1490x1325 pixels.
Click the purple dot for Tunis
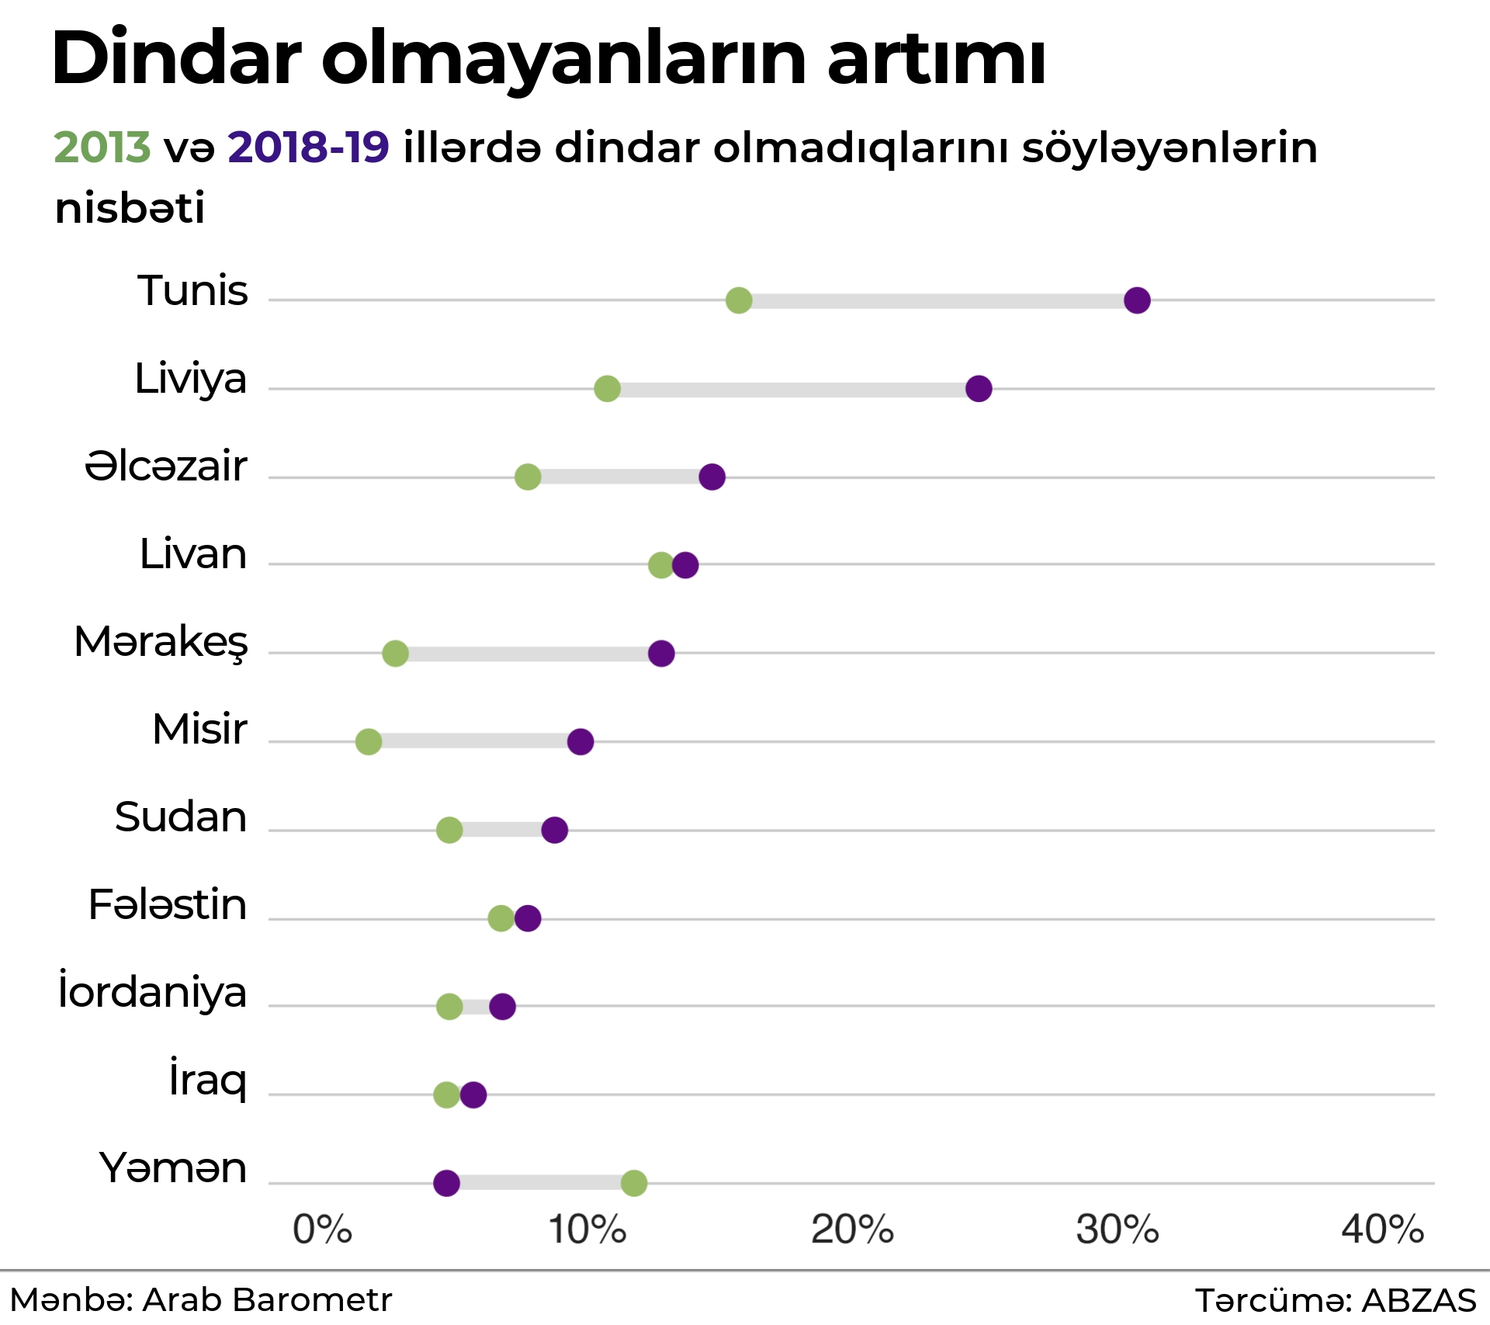tap(1137, 300)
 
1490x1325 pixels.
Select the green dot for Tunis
tap(739, 300)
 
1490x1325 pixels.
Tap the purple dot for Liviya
tap(979, 388)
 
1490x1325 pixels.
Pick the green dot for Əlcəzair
tap(528, 477)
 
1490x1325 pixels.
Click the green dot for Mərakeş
tap(395, 654)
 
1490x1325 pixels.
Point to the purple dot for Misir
tap(580, 741)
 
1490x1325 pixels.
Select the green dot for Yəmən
tap(634, 1183)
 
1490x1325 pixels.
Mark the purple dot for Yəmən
tap(446, 1183)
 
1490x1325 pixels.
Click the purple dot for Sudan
tap(554, 830)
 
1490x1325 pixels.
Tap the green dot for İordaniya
tap(449, 1007)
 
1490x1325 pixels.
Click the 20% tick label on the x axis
tap(852, 1230)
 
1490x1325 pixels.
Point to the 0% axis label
tap(322, 1230)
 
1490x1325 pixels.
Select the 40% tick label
tap(1382, 1230)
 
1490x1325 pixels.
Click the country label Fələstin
tap(168, 905)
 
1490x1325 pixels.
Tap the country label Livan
tap(193, 554)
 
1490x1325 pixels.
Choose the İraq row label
tap(208, 1080)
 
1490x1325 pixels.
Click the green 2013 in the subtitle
tap(102, 147)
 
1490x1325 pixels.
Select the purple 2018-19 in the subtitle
tap(308, 147)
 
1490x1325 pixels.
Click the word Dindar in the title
tap(176, 59)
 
